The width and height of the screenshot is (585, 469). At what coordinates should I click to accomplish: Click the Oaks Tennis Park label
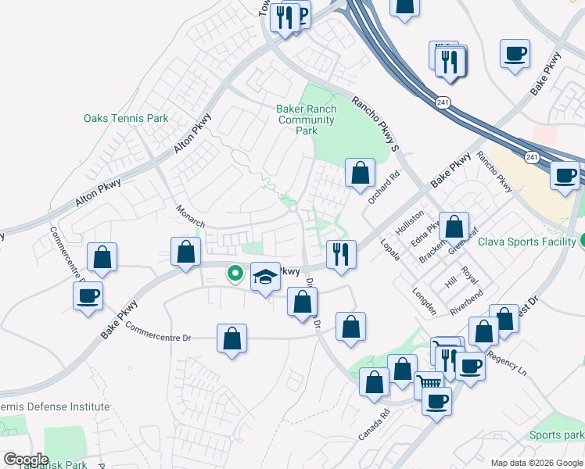126,119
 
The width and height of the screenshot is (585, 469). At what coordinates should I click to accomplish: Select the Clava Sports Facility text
526,242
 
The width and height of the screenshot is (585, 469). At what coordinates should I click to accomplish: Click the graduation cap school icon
265,276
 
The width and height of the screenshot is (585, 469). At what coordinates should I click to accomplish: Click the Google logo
26,460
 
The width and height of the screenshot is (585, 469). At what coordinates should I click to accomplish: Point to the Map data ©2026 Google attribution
536,462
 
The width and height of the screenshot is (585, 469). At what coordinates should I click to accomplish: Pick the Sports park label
556,435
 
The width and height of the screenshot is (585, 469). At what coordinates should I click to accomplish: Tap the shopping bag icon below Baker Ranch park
360,173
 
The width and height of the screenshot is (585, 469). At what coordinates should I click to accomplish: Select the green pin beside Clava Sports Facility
582,241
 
